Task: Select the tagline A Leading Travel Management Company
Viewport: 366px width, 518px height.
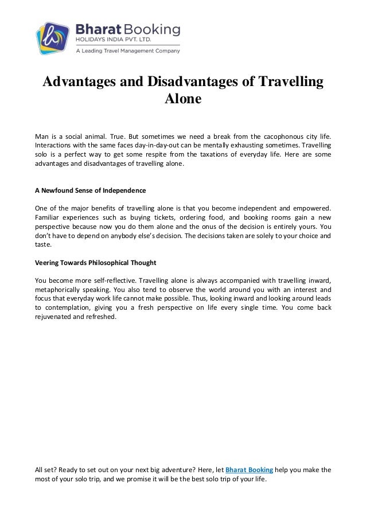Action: pyautogui.click(x=128, y=50)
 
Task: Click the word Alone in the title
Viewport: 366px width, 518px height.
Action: pyautogui.click(x=183, y=99)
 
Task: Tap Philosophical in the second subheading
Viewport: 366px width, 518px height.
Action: pyautogui.click(x=103, y=262)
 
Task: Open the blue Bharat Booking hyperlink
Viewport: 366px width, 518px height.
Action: pyautogui.click(x=250, y=470)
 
